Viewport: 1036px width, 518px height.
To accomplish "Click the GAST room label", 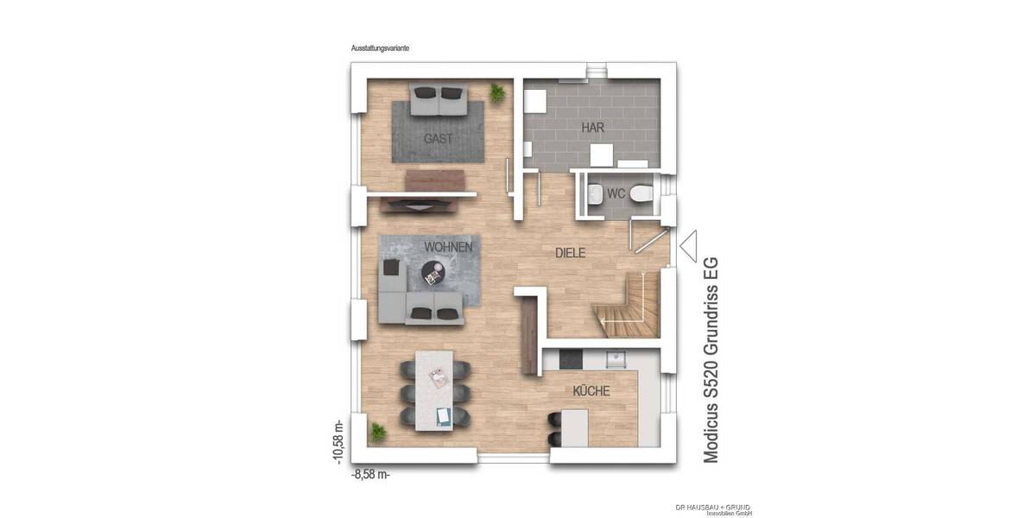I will (438, 138).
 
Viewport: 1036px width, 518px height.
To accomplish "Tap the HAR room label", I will (592, 128).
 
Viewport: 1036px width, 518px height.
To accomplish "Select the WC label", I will (616, 193).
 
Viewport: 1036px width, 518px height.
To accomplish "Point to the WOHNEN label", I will (448, 247).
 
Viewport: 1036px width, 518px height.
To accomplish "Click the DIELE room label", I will (570, 254).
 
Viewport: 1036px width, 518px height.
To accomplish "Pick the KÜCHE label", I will (591, 391).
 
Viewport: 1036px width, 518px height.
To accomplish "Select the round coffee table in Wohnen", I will (433, 274).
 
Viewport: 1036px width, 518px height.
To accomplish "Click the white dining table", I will (439, 390).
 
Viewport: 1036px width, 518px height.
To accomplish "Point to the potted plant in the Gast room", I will (498, 92).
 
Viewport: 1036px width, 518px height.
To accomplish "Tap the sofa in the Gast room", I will (439, 99).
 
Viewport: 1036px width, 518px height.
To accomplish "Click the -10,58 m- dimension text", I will (338, 442).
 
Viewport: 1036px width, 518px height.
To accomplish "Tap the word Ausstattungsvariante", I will (380, 50).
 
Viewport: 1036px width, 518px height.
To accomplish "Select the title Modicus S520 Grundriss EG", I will (711, 358).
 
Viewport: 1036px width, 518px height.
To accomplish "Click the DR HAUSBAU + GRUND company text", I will (713, 507).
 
